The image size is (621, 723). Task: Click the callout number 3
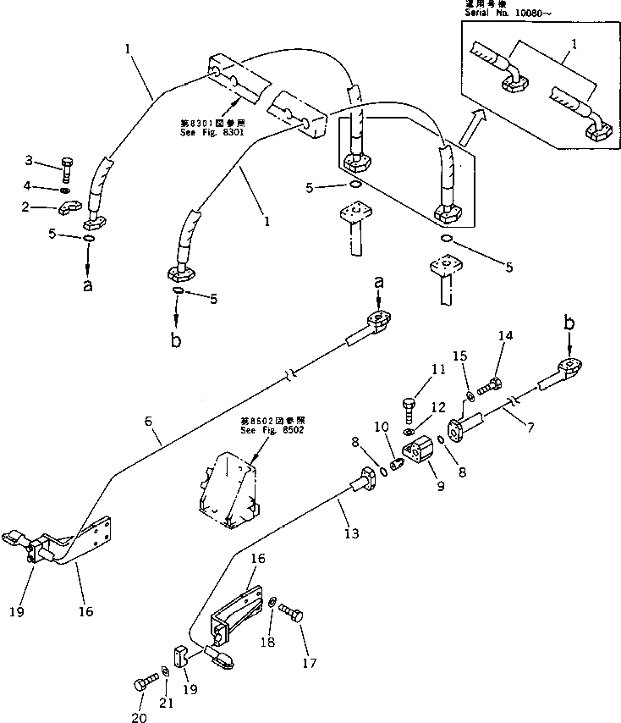pyautogui.click(x=52, y=160)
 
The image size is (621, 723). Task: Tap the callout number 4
pyautogui.click(x=51, y=185)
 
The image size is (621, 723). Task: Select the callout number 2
pyautogui.click(x=50, y=207)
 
